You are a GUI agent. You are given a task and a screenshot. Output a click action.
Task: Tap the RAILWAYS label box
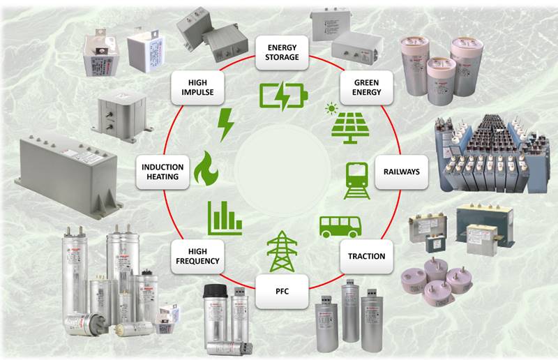(402, 171)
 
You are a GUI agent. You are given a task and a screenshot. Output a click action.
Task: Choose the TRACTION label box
(366, 256)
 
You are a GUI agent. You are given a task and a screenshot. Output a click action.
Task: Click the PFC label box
(282, 291)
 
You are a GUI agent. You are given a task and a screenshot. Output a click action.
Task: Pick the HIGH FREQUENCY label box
(198, 256)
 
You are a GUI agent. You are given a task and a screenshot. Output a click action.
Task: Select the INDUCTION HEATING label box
(163, 172)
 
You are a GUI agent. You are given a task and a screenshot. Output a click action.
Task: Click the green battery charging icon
(282, 96)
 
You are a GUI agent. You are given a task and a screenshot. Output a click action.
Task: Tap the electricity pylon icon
(282, 250)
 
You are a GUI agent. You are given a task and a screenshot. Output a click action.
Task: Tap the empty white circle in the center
(282, 172)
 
